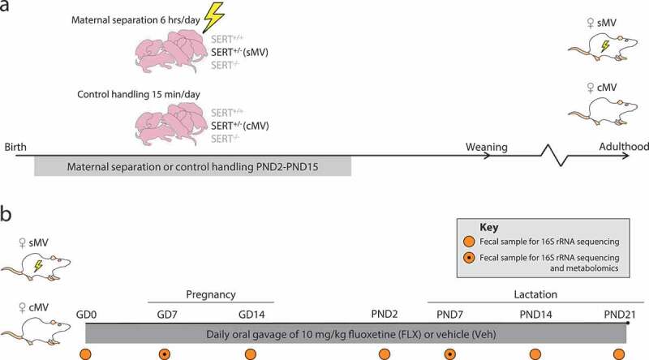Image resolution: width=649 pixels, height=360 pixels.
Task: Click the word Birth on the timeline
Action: click(16, 148)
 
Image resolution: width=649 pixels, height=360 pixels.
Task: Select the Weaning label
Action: click(486, 148)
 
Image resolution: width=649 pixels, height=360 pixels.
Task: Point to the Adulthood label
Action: click(616, 148)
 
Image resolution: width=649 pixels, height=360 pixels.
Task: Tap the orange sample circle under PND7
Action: click(449, 354)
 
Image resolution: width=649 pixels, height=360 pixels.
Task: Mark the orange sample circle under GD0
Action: click(86, 354)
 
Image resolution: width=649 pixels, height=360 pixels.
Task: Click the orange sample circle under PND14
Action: click(535, 354)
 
